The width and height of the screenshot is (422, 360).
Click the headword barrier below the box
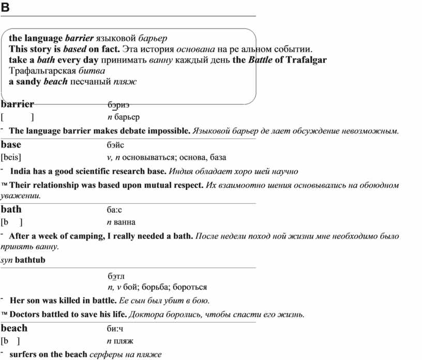[x=18, y=104]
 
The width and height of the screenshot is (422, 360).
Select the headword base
[x=11, y=145]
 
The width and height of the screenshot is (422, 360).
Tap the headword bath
[x=11, y=209]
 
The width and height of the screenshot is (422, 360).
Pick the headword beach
[x=14, y=328]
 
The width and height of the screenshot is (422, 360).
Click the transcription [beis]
[x=11, y=157]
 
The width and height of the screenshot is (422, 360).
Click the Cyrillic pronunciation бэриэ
[x=118, y=105]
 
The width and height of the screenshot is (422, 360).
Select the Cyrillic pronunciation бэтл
[x=116, y=276]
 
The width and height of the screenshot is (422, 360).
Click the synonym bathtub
[x=30, y=260]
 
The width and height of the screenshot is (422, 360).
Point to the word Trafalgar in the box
[x=306, y=60]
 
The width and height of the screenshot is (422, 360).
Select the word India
[x=21, y=171]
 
